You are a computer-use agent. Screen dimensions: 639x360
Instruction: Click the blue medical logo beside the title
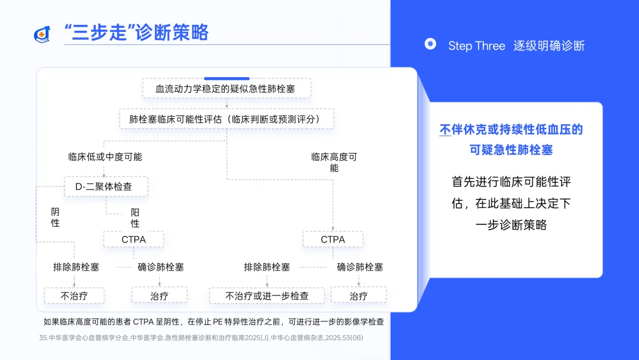(x=42, y=34)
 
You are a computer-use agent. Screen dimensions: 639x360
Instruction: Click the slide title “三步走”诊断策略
(x=136, y=33)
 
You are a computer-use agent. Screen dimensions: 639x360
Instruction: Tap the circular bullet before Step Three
(x=431, y=44)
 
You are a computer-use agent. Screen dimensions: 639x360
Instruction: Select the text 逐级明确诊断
(x=548, y=46)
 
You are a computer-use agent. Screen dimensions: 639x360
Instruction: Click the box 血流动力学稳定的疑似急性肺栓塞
(x=227, y=89)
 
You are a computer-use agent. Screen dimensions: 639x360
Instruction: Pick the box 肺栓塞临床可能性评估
(x=227, y=119)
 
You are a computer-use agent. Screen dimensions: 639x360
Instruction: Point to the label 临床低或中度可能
(x=105, y=157)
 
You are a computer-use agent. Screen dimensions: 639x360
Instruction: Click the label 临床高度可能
(x=334, y=162)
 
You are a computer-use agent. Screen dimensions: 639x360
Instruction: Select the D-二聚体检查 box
(x=105, y=187)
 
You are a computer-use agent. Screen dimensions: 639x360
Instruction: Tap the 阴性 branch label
(x=56, y=217)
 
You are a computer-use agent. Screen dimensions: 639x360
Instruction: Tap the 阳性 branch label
(x=135, y=218)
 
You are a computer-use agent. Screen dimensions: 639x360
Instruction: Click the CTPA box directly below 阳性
(x=134, y=239)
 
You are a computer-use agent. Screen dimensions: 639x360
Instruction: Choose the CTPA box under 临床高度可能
(x=333, y=239)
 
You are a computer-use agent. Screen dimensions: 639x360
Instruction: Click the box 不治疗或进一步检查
(x=267, y=295)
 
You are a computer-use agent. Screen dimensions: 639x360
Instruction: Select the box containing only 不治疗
(x=74, y=295)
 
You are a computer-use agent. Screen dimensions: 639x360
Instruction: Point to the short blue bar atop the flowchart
(x=227, y=78)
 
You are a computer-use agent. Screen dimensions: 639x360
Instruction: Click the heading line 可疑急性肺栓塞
(x=511, y=150)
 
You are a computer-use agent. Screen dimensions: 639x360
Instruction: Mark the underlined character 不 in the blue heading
(x=446, y=130)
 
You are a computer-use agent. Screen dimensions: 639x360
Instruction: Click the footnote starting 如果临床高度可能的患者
(x=214, y=322)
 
